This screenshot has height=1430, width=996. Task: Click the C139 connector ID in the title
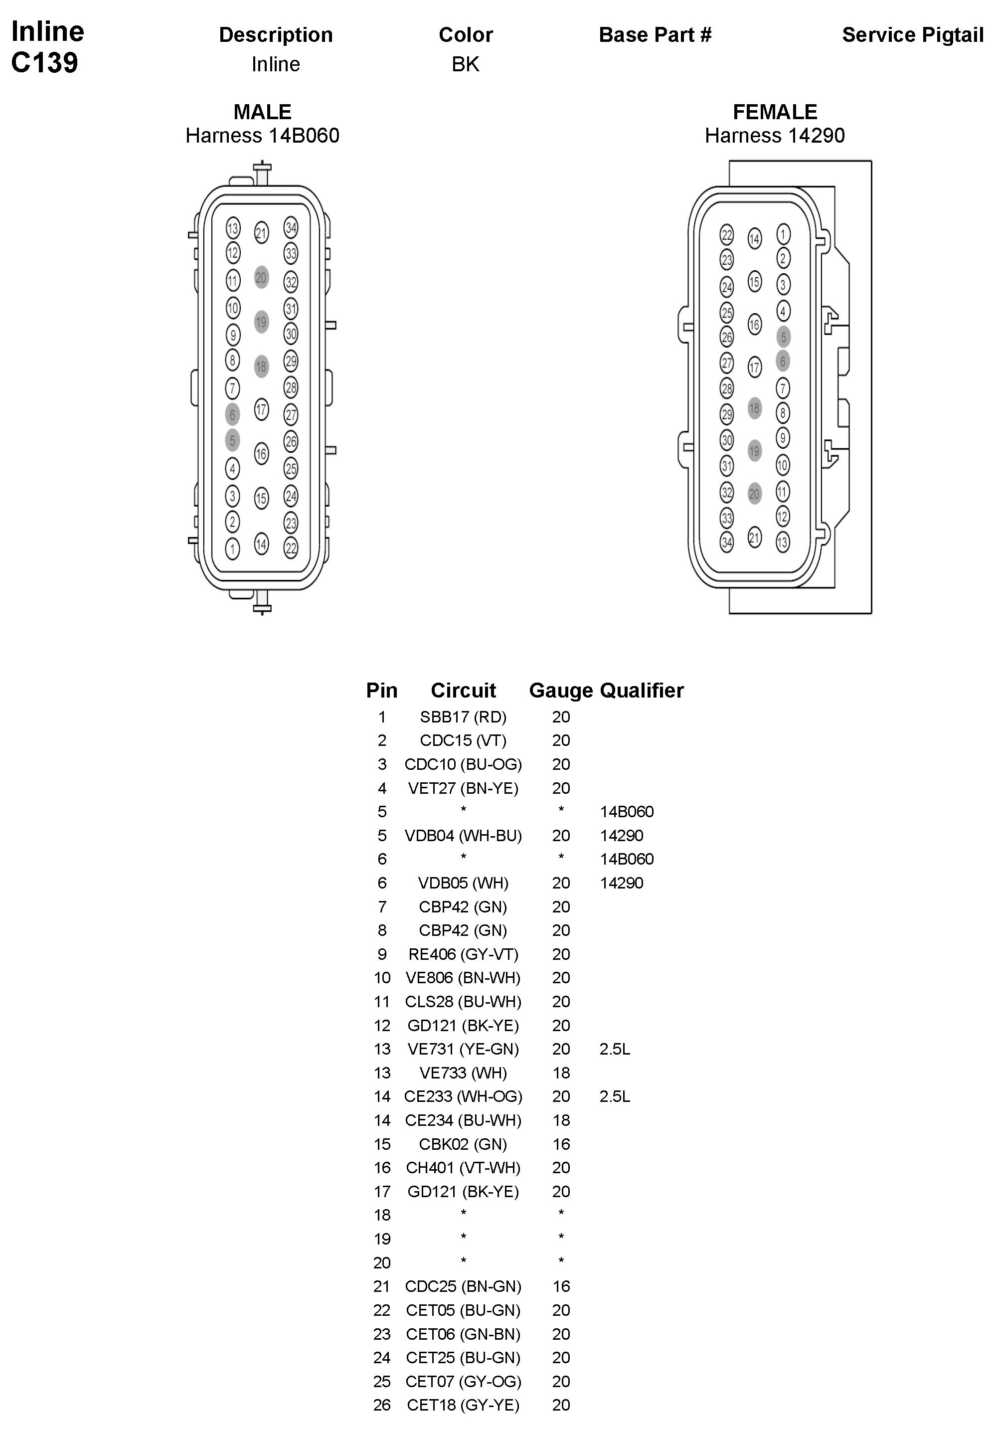45,62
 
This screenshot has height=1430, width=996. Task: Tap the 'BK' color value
465,64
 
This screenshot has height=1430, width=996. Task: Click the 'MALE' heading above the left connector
262,112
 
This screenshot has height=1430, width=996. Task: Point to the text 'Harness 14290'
774,136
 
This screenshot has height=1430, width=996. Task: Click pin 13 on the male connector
233,228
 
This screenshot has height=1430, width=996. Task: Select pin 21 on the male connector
261,233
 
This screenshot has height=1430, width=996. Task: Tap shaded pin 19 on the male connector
261,322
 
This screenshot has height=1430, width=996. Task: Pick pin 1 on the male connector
232,548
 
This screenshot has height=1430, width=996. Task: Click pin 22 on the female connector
726,235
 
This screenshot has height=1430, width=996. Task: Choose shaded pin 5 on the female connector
783,337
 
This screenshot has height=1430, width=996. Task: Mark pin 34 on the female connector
726,542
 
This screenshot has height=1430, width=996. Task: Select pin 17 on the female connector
754,367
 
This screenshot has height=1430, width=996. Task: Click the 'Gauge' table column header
560,690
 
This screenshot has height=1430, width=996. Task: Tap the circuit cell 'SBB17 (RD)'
463,717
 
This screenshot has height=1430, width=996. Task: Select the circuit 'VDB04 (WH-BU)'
463,835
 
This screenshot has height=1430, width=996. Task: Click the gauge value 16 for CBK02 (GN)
561,1144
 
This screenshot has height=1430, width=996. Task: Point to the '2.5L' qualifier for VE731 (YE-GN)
615,1049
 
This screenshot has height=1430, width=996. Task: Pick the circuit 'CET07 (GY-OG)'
463,1382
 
